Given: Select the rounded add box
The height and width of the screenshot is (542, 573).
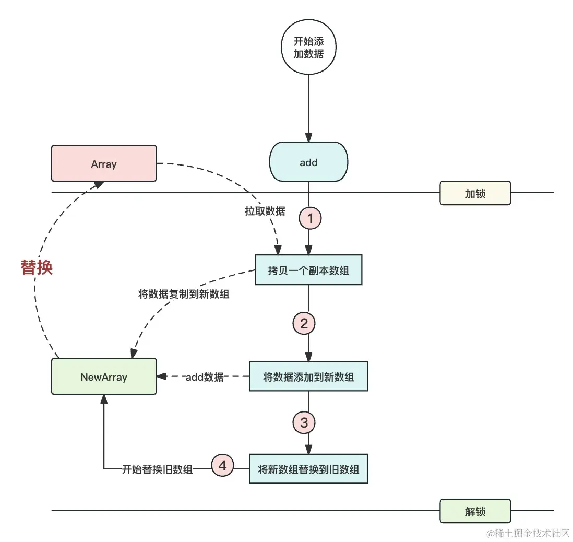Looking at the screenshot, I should (x=308, y=163).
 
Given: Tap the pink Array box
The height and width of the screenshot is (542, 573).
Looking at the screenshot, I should (x=104, y=164).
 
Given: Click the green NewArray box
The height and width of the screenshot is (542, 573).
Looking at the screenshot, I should (x=104, y=376).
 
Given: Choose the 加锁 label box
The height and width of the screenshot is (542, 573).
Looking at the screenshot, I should (x=475, y=193).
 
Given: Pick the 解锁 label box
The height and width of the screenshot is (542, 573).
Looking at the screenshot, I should (x=475, y=511).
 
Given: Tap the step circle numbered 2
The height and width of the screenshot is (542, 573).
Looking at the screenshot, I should (x=304, y=324).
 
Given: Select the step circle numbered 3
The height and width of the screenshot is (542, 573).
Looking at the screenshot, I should (x=304, y=422).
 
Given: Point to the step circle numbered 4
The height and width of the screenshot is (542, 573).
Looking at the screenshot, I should (x=223, y=465).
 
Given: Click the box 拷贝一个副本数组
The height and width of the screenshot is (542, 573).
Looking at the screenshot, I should (x=308, y=270).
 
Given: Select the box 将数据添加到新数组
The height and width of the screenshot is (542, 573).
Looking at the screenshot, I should (x=308, y=376).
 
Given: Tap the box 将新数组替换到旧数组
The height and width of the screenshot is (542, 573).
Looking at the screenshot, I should (x=308, y=469).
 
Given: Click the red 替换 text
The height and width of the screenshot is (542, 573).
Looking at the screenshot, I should (x=37, y=267).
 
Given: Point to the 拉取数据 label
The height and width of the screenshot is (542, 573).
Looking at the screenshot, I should (x=265, y=211).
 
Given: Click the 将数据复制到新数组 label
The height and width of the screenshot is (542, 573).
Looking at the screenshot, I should (x=184, y=294).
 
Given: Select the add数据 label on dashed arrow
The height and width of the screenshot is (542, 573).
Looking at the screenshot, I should (x=205, y=376).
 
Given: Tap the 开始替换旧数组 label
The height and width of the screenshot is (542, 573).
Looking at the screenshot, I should (x=158, y=469).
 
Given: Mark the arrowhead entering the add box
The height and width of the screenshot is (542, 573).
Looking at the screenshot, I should (x=308, y=138).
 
